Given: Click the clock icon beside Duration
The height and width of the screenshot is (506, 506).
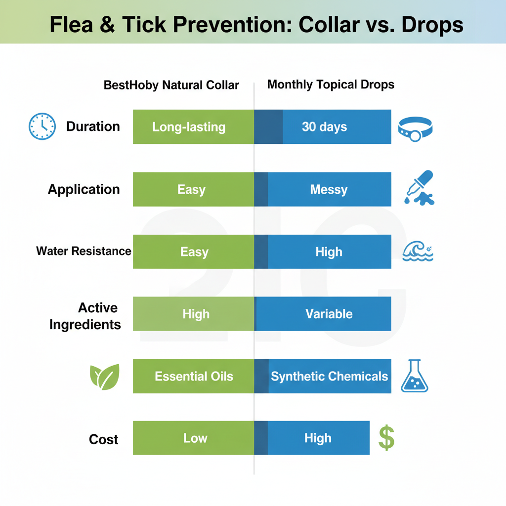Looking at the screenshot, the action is [x=42, y=126].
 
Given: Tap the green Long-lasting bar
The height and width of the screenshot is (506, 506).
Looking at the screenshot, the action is [x=193, y=127].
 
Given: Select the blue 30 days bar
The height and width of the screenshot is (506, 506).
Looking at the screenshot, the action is [x=323, y=127].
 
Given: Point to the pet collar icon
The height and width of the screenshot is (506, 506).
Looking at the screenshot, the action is [x=415, y=129].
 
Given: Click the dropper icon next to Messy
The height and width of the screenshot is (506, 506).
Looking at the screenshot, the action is [x=419, y=188].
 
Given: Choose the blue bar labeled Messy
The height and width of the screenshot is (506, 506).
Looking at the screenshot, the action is [x=323, y=189].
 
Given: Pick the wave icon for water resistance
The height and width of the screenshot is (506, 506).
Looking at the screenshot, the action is [x=418, y=251].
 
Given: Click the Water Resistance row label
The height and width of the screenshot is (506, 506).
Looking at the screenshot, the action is [x=84, y=251].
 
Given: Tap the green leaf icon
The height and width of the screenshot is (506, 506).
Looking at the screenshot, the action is [x=105, y=377].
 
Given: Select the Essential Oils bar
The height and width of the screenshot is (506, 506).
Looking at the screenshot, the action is [x=193, y=376].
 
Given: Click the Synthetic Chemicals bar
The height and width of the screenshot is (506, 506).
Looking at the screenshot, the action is [x=323, y=376].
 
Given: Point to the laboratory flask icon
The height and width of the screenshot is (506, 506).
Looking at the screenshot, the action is [x=415, y=376].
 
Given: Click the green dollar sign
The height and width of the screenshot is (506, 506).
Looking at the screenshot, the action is [x=386, y=438].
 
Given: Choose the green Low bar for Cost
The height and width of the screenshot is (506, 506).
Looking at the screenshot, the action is [x=193, y=438].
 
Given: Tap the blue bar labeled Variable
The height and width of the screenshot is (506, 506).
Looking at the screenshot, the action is [x=323, y=314].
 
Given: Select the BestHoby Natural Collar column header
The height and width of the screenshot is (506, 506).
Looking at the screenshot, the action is [x=171, y=85].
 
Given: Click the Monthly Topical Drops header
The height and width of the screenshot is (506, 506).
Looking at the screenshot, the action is [x=331, y=84].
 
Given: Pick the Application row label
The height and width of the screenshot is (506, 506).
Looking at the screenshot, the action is [x=84, y=189].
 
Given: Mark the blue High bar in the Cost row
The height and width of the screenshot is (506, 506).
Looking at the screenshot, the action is [x=312, y=438].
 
